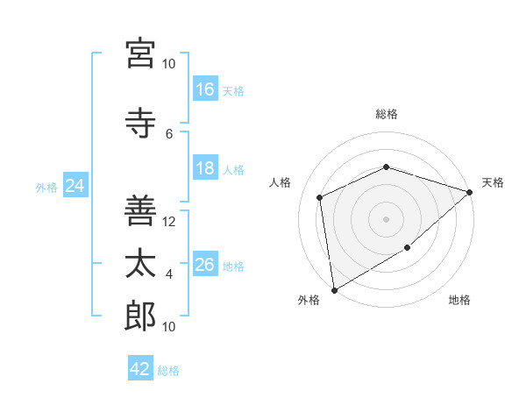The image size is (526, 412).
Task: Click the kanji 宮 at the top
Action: [x=140, y=53]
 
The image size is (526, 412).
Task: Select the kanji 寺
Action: [x=140, y=123]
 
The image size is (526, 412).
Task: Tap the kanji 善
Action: [x=140, y=210]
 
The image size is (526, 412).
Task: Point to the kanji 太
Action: [x=140, y=263]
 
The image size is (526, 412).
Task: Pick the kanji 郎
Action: [x=140, y=316]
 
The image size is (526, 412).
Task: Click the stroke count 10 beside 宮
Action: [x=168, y=64]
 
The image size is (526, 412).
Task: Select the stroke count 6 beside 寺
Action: [x=169, y=134]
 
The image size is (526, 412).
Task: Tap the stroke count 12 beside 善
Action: [x=168, y=222]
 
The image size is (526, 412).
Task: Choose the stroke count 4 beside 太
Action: [x=169, y=274]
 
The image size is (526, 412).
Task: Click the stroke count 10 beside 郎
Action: [x=168, y=327]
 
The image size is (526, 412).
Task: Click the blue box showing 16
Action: [x=205, y=89]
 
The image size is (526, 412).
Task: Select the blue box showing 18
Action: [x=205, y=167]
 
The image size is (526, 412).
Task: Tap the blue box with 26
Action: [x=205, y=263]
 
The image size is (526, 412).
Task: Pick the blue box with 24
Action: [x=75, y=185]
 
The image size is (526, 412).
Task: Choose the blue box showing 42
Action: [x=140, y=367]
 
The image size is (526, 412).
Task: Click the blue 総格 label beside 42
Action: [x=168, y=371]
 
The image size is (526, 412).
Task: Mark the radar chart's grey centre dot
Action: [x=386, y=219]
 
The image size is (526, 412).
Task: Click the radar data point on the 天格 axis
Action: [x=470, y=192]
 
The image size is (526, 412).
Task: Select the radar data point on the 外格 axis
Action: [x=335, y=290]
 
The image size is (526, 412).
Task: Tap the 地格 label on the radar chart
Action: [x=459, y=300]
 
